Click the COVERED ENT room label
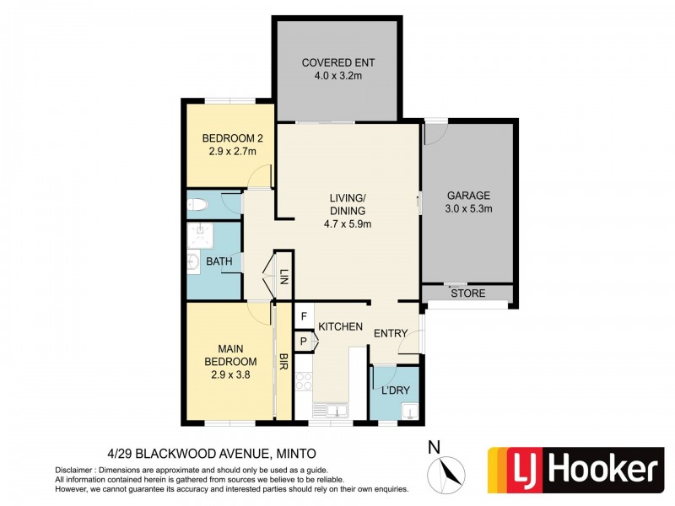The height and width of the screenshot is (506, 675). point(337,63)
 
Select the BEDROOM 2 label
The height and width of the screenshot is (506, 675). point(229,138)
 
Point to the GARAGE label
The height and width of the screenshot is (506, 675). point(467,194)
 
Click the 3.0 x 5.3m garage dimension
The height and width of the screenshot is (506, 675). point(467,209)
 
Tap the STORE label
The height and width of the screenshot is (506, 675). point(467,294)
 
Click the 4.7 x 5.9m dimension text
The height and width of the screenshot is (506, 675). point(347,223)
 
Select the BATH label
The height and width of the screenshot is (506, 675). point(219,261)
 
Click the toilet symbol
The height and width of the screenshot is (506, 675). point(198,203)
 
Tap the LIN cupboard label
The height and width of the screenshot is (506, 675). point(284,275)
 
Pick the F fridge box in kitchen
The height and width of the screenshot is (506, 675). point(303,316)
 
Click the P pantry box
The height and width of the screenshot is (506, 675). point(303,341)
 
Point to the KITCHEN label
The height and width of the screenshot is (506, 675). point(340,326)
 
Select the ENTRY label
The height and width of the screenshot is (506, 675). point(391,334)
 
